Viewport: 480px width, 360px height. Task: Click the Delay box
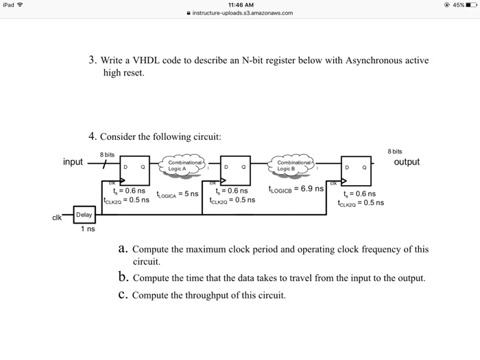[84, 215]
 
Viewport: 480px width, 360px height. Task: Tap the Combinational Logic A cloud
[184, 165]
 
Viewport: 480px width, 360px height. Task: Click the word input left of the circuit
[73, 162]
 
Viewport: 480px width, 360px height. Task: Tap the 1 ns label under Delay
[87, 230]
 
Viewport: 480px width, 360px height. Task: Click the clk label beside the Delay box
[58, 218]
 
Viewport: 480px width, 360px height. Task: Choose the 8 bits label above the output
[394, 151]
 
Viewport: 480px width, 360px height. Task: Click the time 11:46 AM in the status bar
[239, 4]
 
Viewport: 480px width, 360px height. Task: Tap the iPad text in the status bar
[10, 4]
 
